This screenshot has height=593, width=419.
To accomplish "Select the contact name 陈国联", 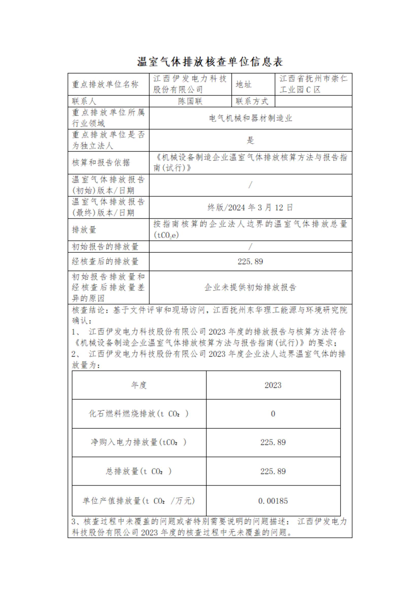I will (190, 101).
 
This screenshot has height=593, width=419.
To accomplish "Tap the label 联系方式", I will (252, 101).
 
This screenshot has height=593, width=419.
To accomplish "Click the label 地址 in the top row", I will (243, 84).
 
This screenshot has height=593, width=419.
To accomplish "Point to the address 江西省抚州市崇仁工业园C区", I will (313, 84).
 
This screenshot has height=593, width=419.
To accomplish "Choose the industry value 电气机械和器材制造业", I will (250, 118).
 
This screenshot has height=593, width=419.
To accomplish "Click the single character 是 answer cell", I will (250, 141).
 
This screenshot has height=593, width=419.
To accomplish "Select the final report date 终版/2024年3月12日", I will (250, 207).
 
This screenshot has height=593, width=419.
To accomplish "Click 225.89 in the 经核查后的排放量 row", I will (250, 262).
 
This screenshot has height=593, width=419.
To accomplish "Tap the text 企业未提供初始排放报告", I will (250, 287).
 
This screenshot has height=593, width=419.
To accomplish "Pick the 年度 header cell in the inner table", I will (139, 385).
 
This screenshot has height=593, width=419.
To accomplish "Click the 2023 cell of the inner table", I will (273, 385).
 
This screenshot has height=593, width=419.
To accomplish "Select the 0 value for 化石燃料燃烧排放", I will (273, 414).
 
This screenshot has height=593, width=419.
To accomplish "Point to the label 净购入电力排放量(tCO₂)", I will (139, 443).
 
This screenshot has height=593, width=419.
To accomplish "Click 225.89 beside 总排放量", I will (273, 471).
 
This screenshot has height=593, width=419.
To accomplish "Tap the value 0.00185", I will (273, 501).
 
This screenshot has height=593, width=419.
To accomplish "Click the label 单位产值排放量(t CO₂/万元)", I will (139, 501).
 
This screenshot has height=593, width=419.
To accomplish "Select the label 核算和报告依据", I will (101, 163).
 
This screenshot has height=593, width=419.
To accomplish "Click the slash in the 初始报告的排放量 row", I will (250, 247).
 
